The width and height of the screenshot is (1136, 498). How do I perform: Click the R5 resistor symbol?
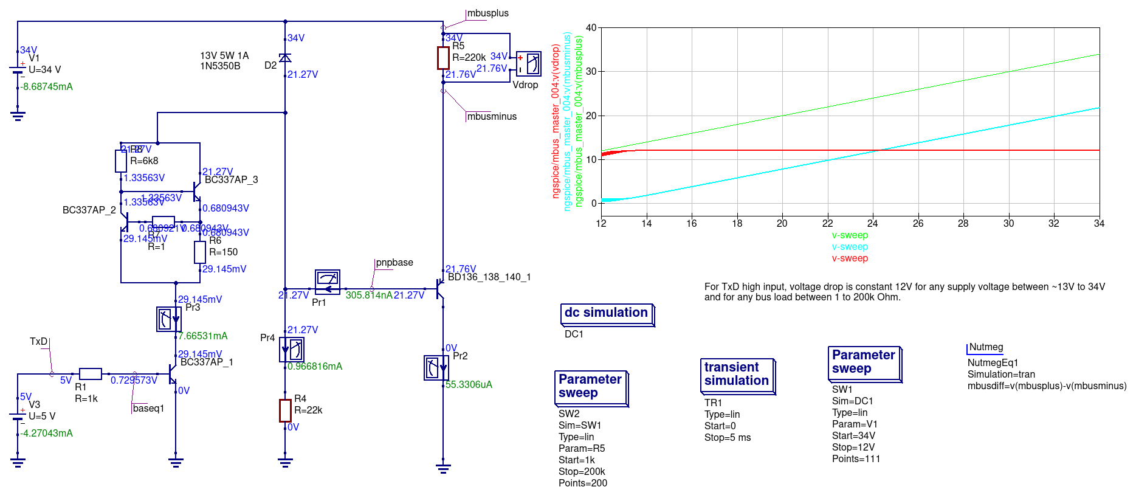click(x=443, y=58)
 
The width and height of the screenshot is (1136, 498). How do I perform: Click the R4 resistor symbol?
click(x=285, y=410)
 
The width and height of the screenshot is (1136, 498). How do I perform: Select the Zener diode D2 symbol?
click(x=285, y=58)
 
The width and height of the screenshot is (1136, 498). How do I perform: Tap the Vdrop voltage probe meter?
click(x=528, y=64)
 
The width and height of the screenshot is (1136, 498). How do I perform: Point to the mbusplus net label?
click(x=487, y=13)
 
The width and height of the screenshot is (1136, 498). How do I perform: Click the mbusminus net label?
click(x=491, y=116)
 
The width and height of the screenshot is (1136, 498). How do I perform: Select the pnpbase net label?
click(x=394, y=263)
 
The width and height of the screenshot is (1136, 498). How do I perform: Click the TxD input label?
click(x=38, y=342)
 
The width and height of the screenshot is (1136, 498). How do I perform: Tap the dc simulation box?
click(x=606, y=313)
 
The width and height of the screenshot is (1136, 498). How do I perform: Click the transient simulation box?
click(x=736, y=374)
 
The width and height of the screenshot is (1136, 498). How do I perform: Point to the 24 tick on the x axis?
click(x=873, y=223)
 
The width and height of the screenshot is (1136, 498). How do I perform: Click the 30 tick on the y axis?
click(x=591, y=71)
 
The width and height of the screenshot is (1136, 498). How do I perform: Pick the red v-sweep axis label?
click(x=850, y=258)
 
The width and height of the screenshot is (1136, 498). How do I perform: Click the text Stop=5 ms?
click(x=728, y=438)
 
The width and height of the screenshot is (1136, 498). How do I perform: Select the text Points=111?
click(x=856, y=459)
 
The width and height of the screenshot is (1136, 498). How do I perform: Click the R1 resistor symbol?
click(x=91, y=374)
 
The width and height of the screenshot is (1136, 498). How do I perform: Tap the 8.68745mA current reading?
click(x=47, y=87)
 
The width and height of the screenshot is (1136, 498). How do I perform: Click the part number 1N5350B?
click(x=220, y=66)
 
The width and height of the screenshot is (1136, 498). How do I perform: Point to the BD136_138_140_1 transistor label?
click(x=489, y=277)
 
